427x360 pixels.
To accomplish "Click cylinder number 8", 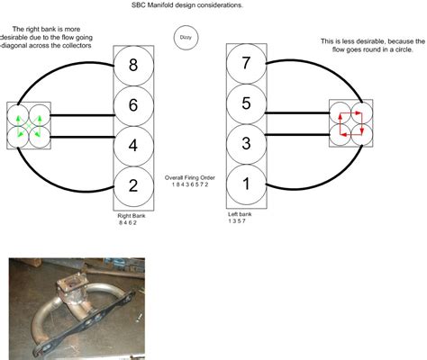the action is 133,65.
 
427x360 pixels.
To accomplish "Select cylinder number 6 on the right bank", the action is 133,105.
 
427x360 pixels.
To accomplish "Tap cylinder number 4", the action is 133,146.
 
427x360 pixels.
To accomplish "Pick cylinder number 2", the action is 133,186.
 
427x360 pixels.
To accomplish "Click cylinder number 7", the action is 246,64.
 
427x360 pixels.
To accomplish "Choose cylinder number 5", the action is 246,103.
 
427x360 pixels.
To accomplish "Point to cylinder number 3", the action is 246,144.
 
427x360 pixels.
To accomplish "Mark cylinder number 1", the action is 246,184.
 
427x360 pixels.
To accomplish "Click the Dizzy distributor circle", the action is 186,38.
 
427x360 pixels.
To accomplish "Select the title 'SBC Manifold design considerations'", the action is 187,5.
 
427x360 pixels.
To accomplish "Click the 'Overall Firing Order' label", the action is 190,177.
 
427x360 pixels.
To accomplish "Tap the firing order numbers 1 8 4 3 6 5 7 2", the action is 190,184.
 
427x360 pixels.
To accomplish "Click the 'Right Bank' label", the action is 132,216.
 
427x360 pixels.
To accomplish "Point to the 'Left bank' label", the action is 240,214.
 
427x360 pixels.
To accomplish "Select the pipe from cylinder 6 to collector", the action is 82,115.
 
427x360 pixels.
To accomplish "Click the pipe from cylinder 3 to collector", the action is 297,135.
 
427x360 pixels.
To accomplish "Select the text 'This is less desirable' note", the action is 373,45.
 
